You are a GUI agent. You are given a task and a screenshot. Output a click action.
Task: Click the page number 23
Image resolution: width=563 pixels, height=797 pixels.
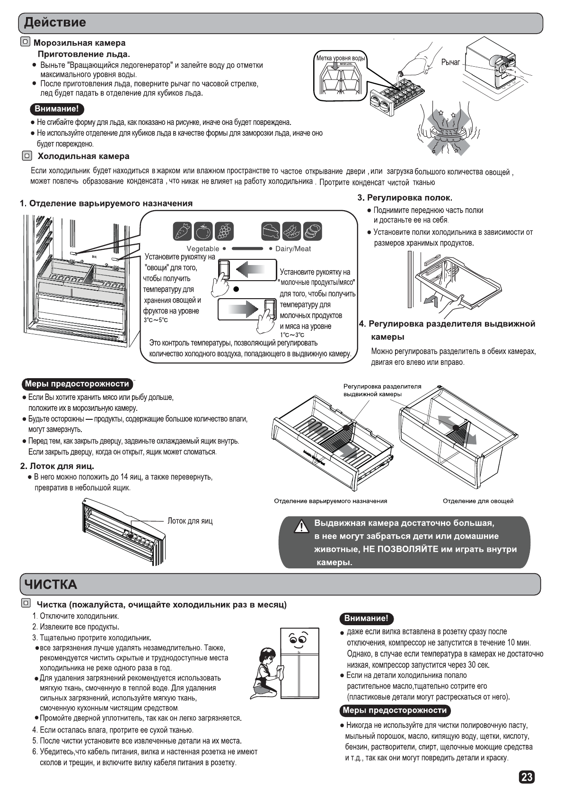[x=527, y=777]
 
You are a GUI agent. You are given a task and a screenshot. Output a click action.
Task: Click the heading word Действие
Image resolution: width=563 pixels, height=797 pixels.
[x=55, y=22]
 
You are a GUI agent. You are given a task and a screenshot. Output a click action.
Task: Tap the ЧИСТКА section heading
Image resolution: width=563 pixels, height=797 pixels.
[x=51, y=584]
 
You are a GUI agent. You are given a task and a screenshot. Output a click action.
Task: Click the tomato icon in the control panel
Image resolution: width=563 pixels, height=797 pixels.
[x=203, y=231]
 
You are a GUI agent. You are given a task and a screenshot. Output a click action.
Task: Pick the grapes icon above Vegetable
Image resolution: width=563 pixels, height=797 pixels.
[x=224, y=231]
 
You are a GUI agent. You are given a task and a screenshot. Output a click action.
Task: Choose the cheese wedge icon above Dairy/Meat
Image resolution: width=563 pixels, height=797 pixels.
[x=271, y=231]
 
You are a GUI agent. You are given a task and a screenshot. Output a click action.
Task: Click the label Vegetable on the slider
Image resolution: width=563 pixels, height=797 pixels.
[x=202, y=248]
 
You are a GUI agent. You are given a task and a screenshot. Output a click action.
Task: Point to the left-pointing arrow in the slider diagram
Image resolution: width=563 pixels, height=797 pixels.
[x=250, y=270]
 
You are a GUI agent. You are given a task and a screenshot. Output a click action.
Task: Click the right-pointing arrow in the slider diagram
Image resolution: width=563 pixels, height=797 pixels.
[x=244, y=309]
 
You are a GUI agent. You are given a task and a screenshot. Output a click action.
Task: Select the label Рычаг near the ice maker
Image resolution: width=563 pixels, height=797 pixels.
[x=450, y=62]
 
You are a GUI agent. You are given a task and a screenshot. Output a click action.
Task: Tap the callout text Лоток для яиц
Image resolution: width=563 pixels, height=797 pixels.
[x=190, y=521]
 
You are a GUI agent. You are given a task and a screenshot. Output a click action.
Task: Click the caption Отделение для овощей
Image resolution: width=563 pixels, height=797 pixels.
[x=478, y=501]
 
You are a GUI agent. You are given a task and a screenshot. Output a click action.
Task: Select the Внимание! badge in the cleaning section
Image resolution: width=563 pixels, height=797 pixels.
[x=366, y=618]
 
